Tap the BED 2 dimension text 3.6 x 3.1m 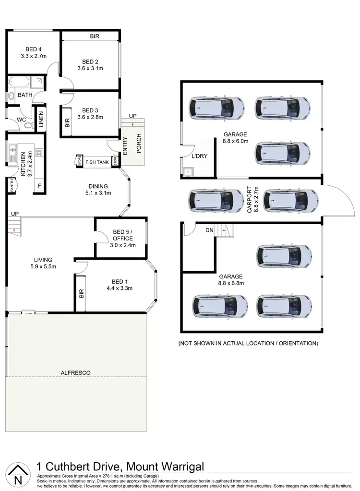(90, 68)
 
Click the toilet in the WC (28, 125)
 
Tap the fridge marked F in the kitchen (38, 185)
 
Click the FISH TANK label (97, 162)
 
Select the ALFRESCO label (75, 372)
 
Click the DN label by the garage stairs (209, 230)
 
